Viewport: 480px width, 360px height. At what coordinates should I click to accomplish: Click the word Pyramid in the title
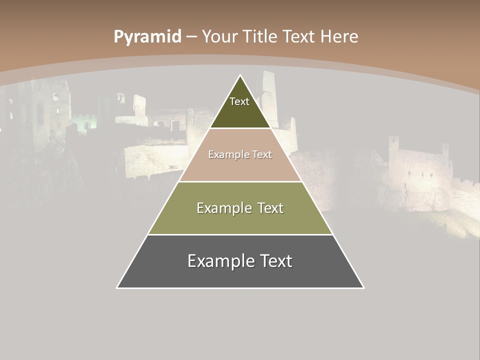pos(147,37)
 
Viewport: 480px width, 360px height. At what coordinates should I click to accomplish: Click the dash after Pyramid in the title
pos(191,37)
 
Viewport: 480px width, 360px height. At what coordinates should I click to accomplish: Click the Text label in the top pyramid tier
pos(239,101)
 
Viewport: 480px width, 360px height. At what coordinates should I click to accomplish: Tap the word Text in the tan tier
pos(262,154)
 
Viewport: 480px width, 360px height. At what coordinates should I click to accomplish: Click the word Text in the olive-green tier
pos(268,208)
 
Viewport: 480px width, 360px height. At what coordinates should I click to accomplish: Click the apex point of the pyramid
pos(240,75)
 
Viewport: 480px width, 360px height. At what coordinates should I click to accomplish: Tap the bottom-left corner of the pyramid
pos(117,287)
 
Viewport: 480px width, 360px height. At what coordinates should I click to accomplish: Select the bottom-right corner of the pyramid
pos(363,287)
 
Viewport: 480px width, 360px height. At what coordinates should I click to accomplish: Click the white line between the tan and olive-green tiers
pos(240,181)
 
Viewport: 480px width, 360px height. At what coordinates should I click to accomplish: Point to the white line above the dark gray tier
pos(240,234)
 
